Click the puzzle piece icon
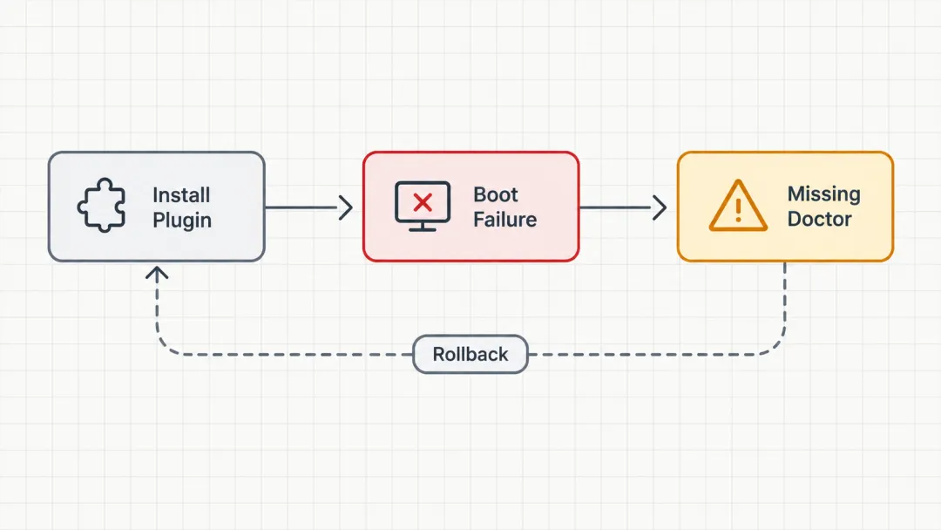102,205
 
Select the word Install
181,195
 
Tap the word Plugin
182,221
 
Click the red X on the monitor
423,203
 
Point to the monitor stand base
423,229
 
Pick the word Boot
496,194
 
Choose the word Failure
504,219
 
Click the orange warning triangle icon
738,205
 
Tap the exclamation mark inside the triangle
738,209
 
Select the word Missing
824,194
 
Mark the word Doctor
819,219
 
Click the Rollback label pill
470,354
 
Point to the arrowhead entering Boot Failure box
346,207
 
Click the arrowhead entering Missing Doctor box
660,207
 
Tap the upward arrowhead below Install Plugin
157,274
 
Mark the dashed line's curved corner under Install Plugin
165,347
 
